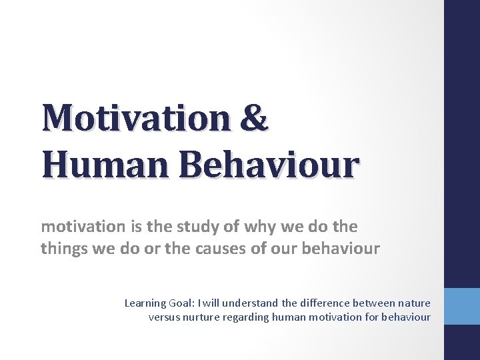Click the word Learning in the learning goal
[143, 303]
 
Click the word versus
[163, 317]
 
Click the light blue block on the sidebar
[462, 306]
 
